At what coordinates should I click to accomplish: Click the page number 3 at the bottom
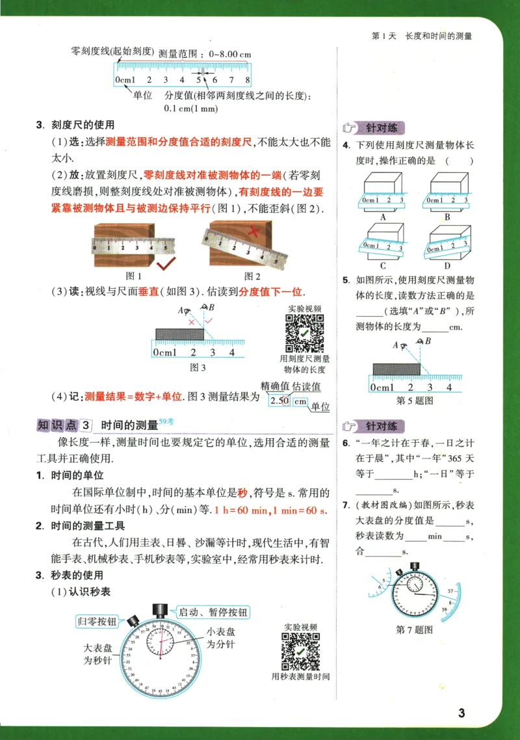click(x=461, y=713)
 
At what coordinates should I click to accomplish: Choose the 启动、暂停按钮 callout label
click(x=212, y=612)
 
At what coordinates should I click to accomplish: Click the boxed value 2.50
click(x=279, y=401)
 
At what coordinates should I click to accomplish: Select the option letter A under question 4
click(x=383, y=217)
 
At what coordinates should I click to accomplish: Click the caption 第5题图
click(x=414, y=401)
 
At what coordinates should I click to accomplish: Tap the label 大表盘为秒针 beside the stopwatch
click(x=98, y=654)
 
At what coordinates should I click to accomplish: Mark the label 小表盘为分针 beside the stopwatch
click(x=221, y=638)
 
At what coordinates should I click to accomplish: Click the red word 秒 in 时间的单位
click(x=242, y=493)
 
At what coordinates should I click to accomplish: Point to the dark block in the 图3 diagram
click(x=180, y=334)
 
